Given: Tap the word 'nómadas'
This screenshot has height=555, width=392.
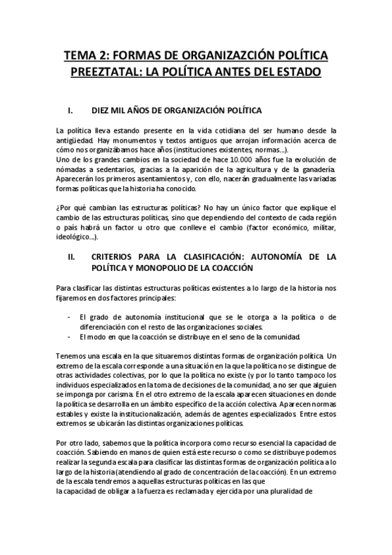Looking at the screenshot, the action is tap(73, 170).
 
